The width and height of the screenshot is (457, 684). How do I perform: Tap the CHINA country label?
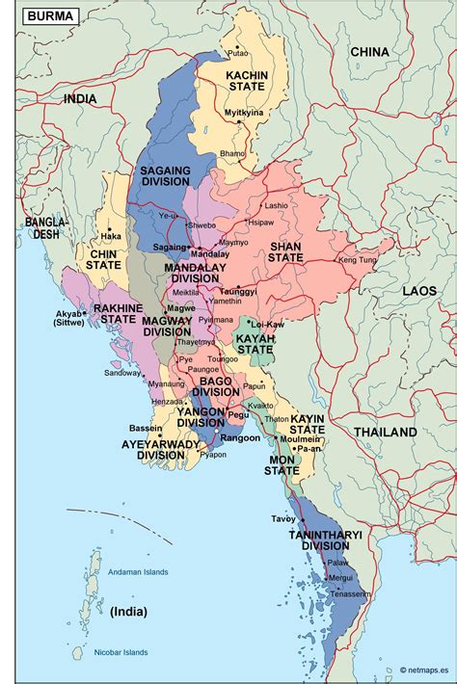369,51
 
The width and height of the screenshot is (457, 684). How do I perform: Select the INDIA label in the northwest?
81,98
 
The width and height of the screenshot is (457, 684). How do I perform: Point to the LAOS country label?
419,290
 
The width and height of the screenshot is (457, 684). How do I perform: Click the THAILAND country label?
385,433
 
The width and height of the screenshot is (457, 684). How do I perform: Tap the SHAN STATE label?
286,251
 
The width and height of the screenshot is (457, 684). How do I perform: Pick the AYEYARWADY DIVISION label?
161,449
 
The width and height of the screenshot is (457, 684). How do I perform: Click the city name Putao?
237,52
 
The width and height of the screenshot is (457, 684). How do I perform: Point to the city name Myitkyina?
244,113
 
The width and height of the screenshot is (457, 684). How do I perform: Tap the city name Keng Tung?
358,260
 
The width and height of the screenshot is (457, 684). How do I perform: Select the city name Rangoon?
240,438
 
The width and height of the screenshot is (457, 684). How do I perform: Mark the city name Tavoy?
282,518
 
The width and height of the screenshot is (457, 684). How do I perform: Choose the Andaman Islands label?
137,572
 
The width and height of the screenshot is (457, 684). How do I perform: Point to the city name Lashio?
276,205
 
